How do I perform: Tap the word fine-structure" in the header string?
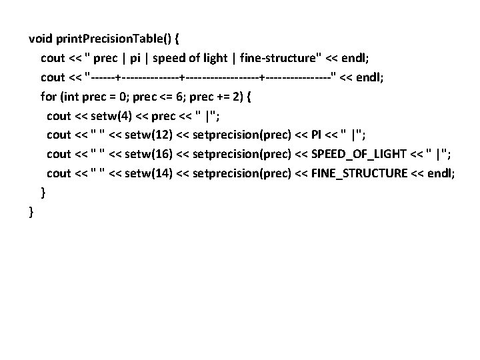(x=283, y=58)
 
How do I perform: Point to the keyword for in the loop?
(x=49, y=97)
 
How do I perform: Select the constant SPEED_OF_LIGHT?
(x=354, y=155)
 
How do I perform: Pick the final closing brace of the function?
(x=31, y=213)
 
